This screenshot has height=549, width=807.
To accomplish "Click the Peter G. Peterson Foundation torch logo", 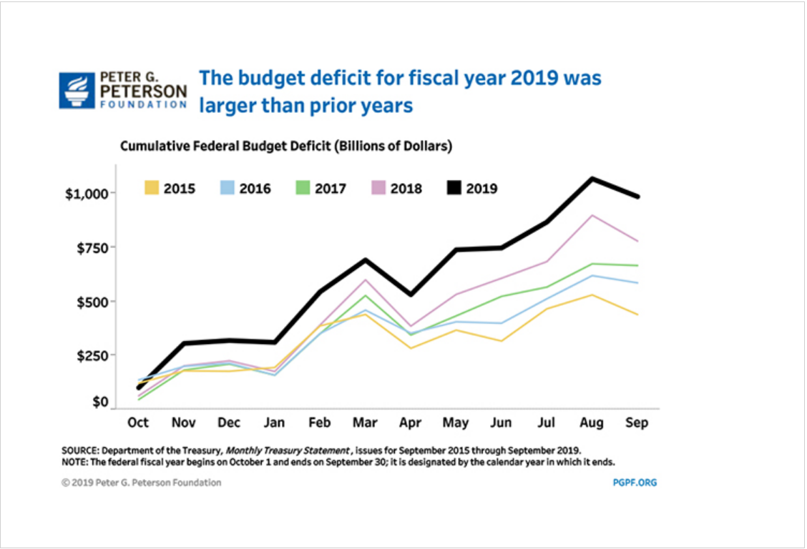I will coord(77,90).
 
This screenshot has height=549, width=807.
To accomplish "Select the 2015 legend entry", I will coord(169,189).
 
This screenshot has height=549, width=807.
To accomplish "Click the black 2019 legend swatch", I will coord(453,189).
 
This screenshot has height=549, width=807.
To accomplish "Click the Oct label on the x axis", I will coord(138,422).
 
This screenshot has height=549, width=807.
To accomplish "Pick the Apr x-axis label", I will coord(411,422).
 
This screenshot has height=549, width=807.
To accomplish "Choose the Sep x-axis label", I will coord(637,422).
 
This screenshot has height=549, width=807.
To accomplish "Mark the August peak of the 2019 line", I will coord(592,178).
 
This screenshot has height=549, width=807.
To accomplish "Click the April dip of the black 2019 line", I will coord(411,294).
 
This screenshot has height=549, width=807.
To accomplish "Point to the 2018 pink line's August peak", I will coord(592,215).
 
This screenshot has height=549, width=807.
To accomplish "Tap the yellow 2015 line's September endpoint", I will coord(637,315).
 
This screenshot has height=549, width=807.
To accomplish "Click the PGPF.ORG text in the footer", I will coord(630,483).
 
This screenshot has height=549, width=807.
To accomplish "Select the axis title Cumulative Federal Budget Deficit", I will coord(286,146).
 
